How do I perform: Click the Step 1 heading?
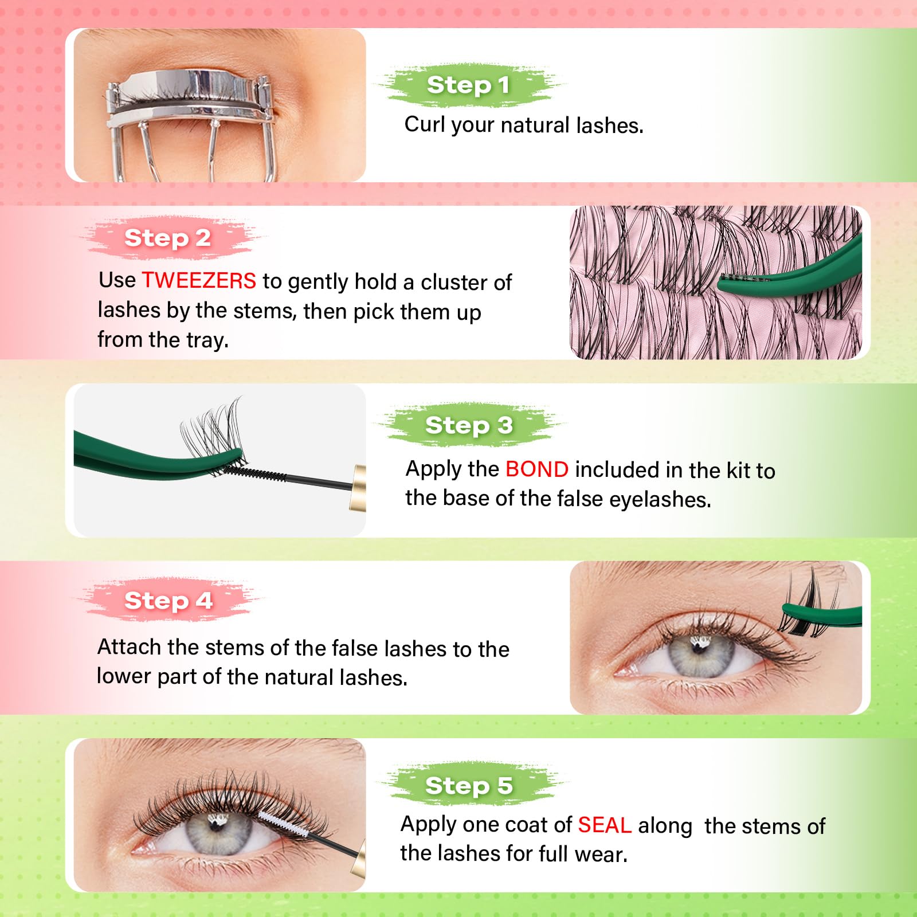pyautogui.click(x=468, y=85)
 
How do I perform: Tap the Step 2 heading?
pyautogui.click(x=167, y=238)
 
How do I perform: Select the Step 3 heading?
pyautogui.click(x=468, y=425)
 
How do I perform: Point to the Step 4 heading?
pyautogui.click(x=168, y=601)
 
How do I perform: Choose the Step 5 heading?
pyautogui.click(x=468, y=785)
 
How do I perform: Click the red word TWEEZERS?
pyautogui.click(x=199, y=280)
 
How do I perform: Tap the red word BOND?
pyautogui.click(x=536, y=469)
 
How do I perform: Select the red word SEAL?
pyautogui.click(x=604, y=825)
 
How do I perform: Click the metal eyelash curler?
pyautogui.click(x=189, y=103)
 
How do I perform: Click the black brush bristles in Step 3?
pyautogui.click(x=255, y=473)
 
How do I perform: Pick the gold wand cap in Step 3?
pyautogui.click(x=358, y=487)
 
